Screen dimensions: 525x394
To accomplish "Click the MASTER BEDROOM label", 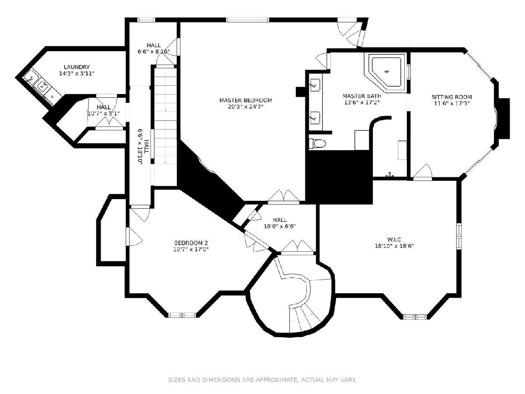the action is pyautogui.click(x=245, y=100).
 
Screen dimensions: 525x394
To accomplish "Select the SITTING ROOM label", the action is pyautogui.click(x=452, y=97).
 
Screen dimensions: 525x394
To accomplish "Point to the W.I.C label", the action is pyautogui.click(x=394, y=239).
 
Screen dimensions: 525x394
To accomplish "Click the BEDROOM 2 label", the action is pyautogui.click(x=191, y=243).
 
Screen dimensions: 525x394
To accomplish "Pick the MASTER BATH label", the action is pyautogui.click(x=362, y=96).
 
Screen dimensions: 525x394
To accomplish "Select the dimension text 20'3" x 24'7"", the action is pyautogui.click(x=245, y=107).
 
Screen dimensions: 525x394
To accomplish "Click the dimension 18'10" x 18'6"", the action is pyautogui.click(x=394, y=246).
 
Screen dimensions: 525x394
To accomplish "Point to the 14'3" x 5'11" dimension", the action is pyautogui.click(x=77, y=74).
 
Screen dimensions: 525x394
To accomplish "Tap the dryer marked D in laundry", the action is pyautogui.click(x=52, y=97).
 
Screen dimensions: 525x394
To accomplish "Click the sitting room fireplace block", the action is pyautogui.click(x=504, y=118).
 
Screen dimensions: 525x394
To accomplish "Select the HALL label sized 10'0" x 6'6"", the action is pyautogui.click(x=280, y=220).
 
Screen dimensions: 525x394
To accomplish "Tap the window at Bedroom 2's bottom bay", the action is pyautogui.click(x=182, y=315).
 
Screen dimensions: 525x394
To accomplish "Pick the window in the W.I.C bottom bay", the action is pyautogui.click(x=415, y=317).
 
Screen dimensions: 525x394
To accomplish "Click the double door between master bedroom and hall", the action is pyautogui.click(x=283, y=197).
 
